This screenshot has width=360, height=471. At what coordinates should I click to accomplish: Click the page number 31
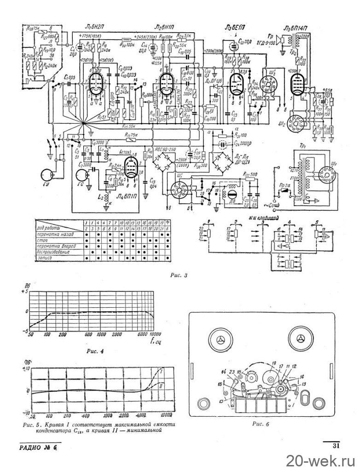[x=336, y=444]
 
